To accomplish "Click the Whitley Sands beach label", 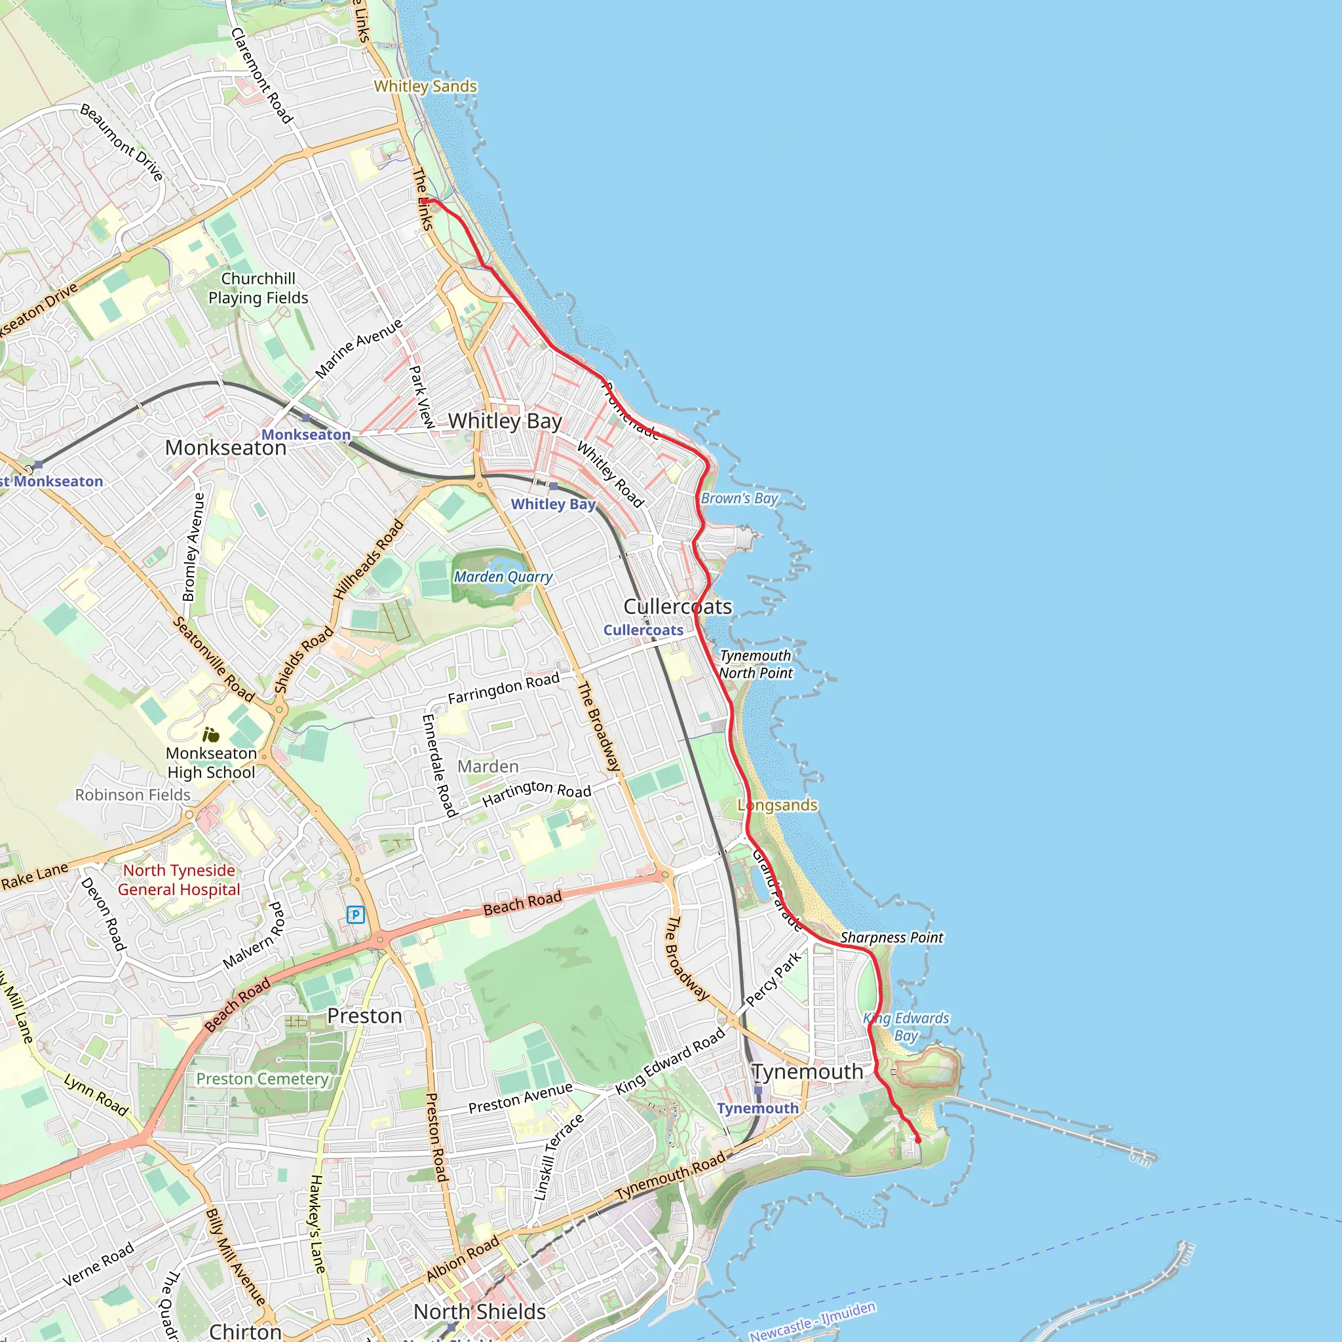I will pyautogui.click(x=425, y=86).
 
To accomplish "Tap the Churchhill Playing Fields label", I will pyautogui.click(x=258, y=288).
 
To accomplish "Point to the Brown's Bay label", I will pyautogui.click(x=739, y=498).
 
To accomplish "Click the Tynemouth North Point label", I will pyautogui.click(x=756, y=664).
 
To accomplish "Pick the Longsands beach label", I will pyautogui.click(x=778, y=805).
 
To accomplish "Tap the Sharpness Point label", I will pyautogui.click(x=892, y=938).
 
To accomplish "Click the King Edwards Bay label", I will pyautogui.click(x=906, y=1027).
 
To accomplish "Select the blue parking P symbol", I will pyautogui.click(x=356, y=915).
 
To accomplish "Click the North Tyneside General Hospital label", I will pyautogui.click(x=179, y=880).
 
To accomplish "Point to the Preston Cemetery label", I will pyautogui.click(x=262, y=1079).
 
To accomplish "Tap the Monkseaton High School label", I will pyautogui.click(x=211, y=763).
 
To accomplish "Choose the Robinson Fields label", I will pyautogui.click(x=132, y=795).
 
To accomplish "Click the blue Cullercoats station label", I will pyautogui.click(x=643, y=630).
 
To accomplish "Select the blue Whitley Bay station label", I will pyautogui.click(x=553, y=505).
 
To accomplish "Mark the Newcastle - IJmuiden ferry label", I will pyautogui.click(x=812, y=1321).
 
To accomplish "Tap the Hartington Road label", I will pyautogui.click(x=537, y=793).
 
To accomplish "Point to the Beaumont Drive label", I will pyautogui.click(x=122, y=142).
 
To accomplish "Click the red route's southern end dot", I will pyautogui.click(x=917, y=1140).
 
